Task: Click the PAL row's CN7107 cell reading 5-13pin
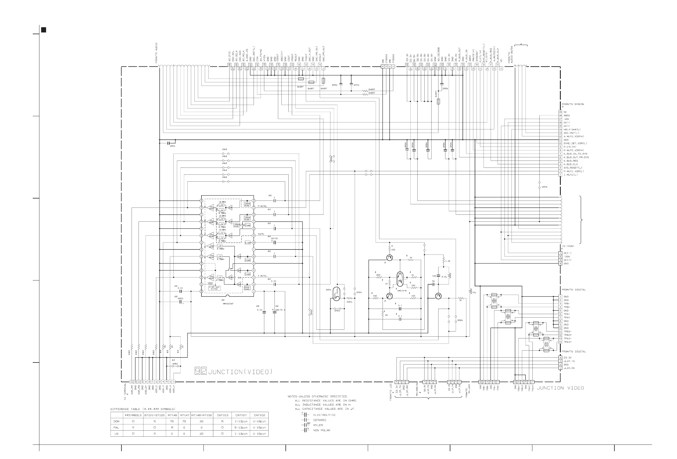click(x=241, y=427)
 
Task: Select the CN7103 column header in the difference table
click(x=223, y=415)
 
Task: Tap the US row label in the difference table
click(x=116, y=434)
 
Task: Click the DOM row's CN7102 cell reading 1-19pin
click(x=259, y=421)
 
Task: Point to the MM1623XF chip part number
click(x=228, y=304)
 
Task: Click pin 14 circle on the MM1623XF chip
click(x=254, y=201)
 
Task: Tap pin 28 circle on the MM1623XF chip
click(x=201, y=291)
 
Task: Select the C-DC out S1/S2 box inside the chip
click(x=214, y=288)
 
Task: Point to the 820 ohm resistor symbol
click(x=379, y=278)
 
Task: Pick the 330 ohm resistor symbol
click(x=413, y=288)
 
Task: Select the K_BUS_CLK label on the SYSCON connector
click(x=570, y=164)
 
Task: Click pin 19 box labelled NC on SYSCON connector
click(x=560, y=112)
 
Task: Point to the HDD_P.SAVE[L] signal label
click(x=572, y=129)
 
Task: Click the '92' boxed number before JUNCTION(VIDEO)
click(x=201, y=371)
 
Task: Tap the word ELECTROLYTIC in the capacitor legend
click(x=324, y=415)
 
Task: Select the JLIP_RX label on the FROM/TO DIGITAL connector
click(x=569, y=368)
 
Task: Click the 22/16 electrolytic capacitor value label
click(x=274, y=238)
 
